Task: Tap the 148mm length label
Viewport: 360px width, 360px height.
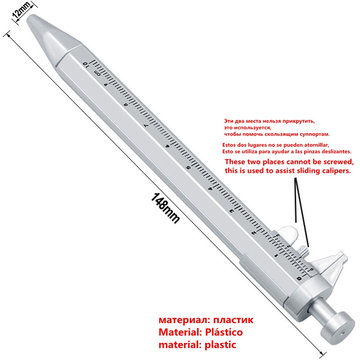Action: (165, 208)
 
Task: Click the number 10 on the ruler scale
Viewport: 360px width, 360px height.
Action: (85, 64)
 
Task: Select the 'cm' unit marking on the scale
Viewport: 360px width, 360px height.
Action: (97, 73)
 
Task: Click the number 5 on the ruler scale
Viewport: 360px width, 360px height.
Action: (189, 167)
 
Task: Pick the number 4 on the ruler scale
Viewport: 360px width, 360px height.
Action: (210, 189)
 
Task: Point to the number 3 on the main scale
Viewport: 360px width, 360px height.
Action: (231, 211)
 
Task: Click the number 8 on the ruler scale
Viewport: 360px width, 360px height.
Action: (126, 105)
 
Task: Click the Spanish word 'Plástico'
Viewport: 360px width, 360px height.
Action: (224, 332)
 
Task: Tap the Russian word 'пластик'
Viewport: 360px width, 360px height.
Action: (234, 320)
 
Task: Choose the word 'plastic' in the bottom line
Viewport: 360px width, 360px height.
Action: (220, 345)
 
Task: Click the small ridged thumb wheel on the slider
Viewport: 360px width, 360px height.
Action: (303, 250)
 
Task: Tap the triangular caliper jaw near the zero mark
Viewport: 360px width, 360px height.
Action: (331, 264)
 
